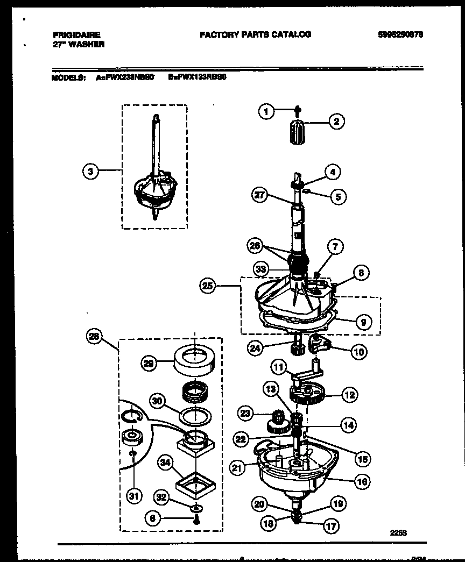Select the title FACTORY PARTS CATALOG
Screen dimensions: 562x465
(255, 34)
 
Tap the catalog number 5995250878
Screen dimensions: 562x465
(400, 34)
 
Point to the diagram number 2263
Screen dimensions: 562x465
(399, 533)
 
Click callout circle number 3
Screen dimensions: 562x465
(91, 172)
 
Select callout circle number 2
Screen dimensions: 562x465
(336, 122)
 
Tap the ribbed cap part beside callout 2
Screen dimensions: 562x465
(297, 131)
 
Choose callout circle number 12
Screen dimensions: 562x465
(349, 395)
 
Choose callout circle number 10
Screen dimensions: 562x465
(358, 352)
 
